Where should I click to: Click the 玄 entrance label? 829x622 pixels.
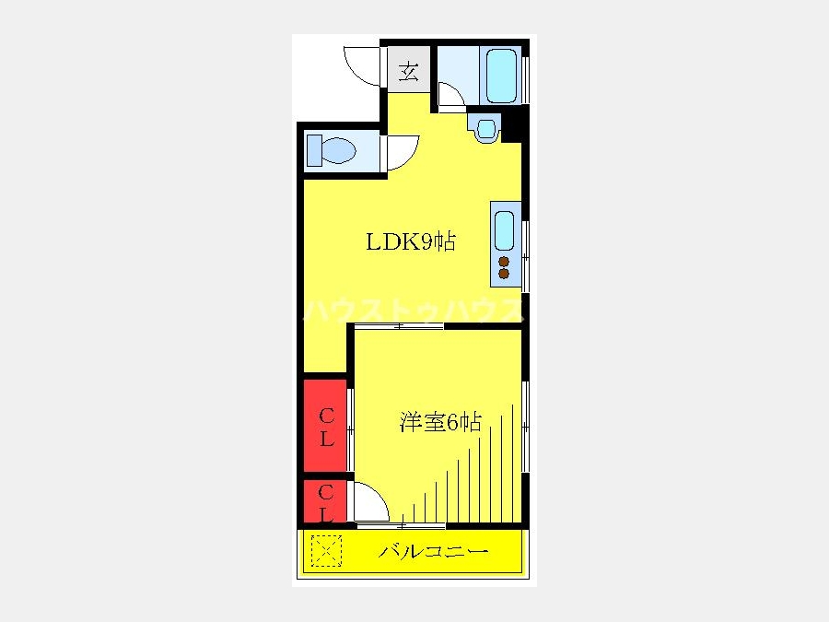pos(409,71)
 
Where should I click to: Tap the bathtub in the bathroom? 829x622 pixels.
pos(501,76)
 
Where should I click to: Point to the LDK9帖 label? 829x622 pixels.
pos(411,241)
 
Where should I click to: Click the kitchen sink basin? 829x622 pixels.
pos(504,230)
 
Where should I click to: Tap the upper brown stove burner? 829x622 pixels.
pos(504,262)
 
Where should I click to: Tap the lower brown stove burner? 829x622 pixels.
pos(504,274)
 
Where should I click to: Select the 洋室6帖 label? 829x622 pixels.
pos(440,422)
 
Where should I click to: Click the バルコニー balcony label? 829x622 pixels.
pos(434,552)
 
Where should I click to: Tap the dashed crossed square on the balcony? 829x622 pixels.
pos(326,551)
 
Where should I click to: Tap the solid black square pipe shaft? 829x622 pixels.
pos(513,123)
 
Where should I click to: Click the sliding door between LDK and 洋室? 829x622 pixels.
pos(399,326)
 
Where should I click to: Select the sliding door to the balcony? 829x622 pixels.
pos(402,526)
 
